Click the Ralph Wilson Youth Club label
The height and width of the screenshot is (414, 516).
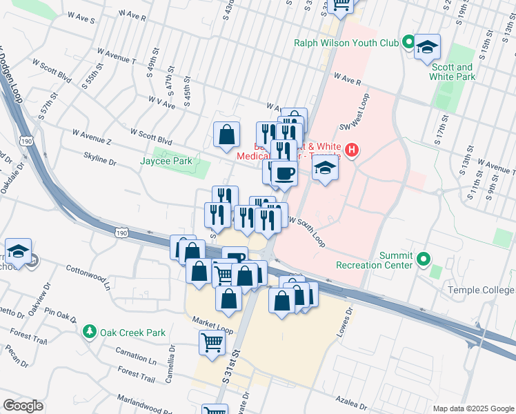346,43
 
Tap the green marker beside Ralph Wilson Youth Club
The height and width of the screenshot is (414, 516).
408,43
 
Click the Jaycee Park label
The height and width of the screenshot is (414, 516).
166,161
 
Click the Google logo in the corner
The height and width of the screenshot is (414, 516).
23,406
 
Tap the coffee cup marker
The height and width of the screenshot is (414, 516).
284,172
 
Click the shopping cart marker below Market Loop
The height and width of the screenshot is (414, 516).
212,341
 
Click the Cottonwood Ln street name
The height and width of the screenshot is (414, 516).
89,273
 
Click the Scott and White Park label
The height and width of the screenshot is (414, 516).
453,72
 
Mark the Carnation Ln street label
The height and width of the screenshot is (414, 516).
136,358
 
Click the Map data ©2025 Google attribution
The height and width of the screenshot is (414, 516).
472,408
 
